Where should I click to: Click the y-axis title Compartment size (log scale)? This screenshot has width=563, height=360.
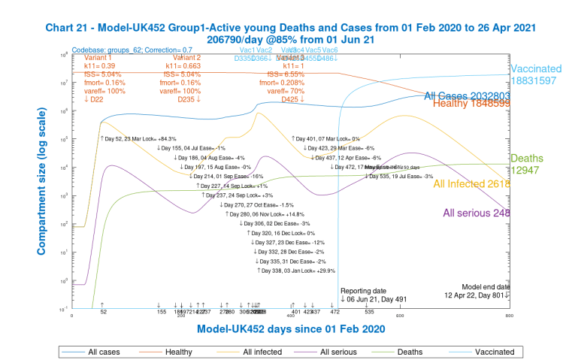click(35, 181)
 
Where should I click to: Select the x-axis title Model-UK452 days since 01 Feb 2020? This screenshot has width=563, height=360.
click(291, 329)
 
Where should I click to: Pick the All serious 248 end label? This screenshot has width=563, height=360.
click(477, 213)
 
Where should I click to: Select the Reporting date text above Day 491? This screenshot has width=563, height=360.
click(365, 290)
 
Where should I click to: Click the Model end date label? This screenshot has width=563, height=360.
click(486, 286)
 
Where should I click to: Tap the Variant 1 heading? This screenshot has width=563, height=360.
click(98, 57)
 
